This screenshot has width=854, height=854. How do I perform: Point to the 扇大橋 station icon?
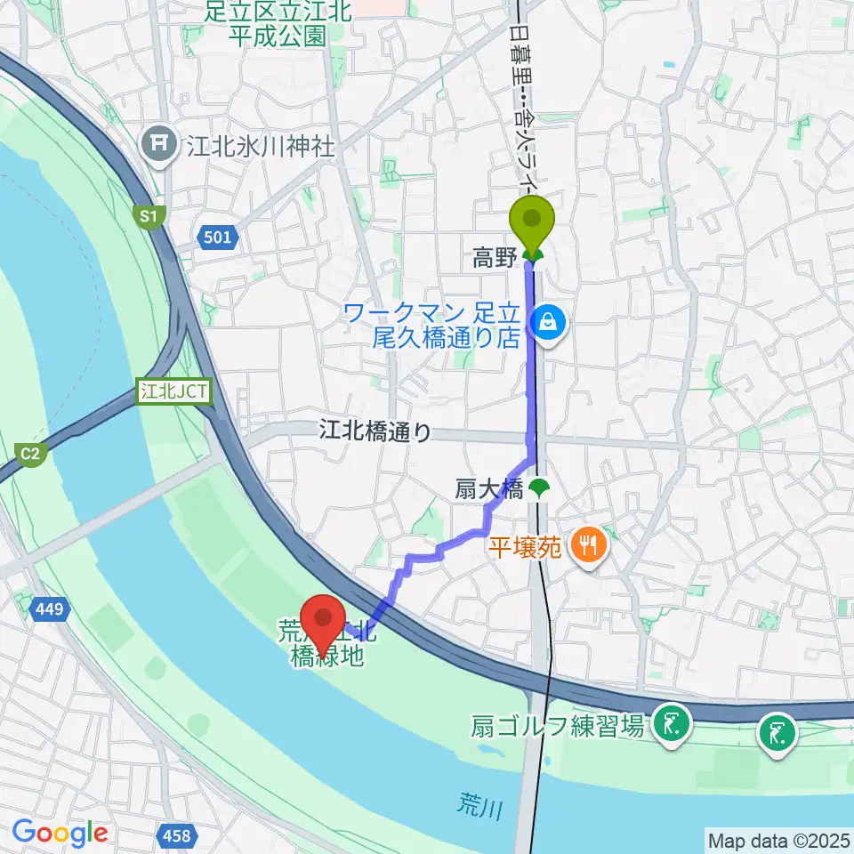point(537,487)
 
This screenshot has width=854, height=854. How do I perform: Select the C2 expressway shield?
point(29,454)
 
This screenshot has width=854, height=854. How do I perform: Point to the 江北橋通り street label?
point(375,432)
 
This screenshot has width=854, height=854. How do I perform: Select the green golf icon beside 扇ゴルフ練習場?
point(669,725)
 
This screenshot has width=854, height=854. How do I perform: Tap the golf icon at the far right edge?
point(776,736)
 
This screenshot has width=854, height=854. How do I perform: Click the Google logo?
point(60,832)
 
